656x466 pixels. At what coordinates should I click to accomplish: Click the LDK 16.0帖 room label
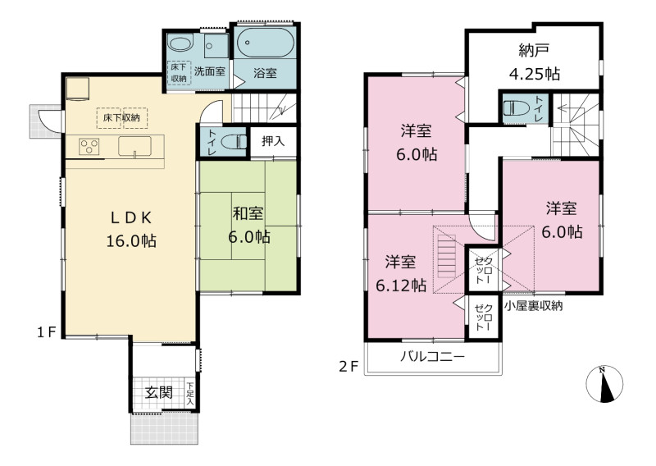(131, 230)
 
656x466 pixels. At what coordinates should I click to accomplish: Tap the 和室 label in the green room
(248, 213)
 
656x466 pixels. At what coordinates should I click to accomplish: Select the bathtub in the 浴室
(265, 42)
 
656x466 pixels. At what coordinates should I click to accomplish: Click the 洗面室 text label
(210, 71)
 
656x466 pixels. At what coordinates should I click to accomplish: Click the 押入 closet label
(273, 141)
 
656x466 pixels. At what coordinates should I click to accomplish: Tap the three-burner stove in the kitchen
(89, 147)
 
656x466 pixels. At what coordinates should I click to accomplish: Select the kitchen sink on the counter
(134, 147)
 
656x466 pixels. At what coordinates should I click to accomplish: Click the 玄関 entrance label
(159, 393)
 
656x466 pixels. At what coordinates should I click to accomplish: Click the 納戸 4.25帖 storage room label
(535, 62)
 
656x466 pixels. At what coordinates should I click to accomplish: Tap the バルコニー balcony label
(433, 357)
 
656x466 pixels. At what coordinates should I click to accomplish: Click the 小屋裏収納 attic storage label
(534, 306)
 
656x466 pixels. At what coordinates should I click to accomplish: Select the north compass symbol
(604, 384)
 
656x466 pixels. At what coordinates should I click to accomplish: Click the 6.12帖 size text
(401, 286)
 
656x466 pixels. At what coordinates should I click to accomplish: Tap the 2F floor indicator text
(348, 367)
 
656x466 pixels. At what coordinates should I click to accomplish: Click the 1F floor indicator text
(47, 332)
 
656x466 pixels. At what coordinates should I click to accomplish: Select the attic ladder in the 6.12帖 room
(446, 256)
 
